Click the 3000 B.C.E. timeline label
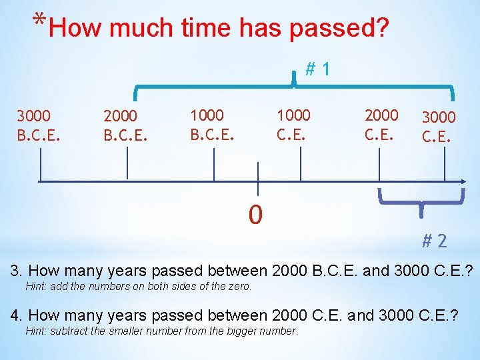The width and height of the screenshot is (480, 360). [38, 126]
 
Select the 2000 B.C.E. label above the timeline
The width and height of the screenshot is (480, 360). [125, 126]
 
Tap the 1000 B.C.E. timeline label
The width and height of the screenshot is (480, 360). [211, 125]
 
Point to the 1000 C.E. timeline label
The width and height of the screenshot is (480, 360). [294, 125]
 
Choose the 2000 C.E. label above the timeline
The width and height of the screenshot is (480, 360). [381, 125]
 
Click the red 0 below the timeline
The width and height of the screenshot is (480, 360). [255, 215]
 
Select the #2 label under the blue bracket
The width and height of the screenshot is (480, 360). [435, 241]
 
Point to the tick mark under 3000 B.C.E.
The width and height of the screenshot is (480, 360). [41, 165]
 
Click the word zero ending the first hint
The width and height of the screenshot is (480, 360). [239, 287]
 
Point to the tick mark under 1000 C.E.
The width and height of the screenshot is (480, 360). [301, 165]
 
